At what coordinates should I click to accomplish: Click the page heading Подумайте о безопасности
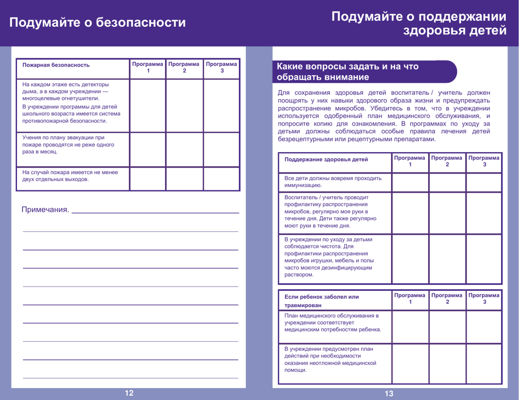tap(97, 22)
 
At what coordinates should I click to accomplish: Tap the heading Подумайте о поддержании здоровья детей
tap(419, 23)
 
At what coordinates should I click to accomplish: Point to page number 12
tap(129, 393)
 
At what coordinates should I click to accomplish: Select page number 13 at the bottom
tap(389, 393)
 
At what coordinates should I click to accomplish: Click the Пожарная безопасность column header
tap(56, 65)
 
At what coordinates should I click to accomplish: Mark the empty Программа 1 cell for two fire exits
tap(148, 178)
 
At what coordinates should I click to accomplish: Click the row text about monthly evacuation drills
tap(68, 145)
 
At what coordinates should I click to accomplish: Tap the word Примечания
tap(45, 210)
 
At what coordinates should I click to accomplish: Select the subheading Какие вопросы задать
tap(348, 71)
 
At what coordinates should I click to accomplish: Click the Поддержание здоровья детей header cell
tap(326, 159)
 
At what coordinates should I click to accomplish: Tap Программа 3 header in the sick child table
tap(483, 298)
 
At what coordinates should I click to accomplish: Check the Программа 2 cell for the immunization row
tap(447, 182)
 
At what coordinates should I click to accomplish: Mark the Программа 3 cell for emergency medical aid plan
tap(483, 363)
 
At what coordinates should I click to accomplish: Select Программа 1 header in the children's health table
tap(410, 161)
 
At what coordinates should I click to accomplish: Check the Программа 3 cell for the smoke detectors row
tap(221, 105)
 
